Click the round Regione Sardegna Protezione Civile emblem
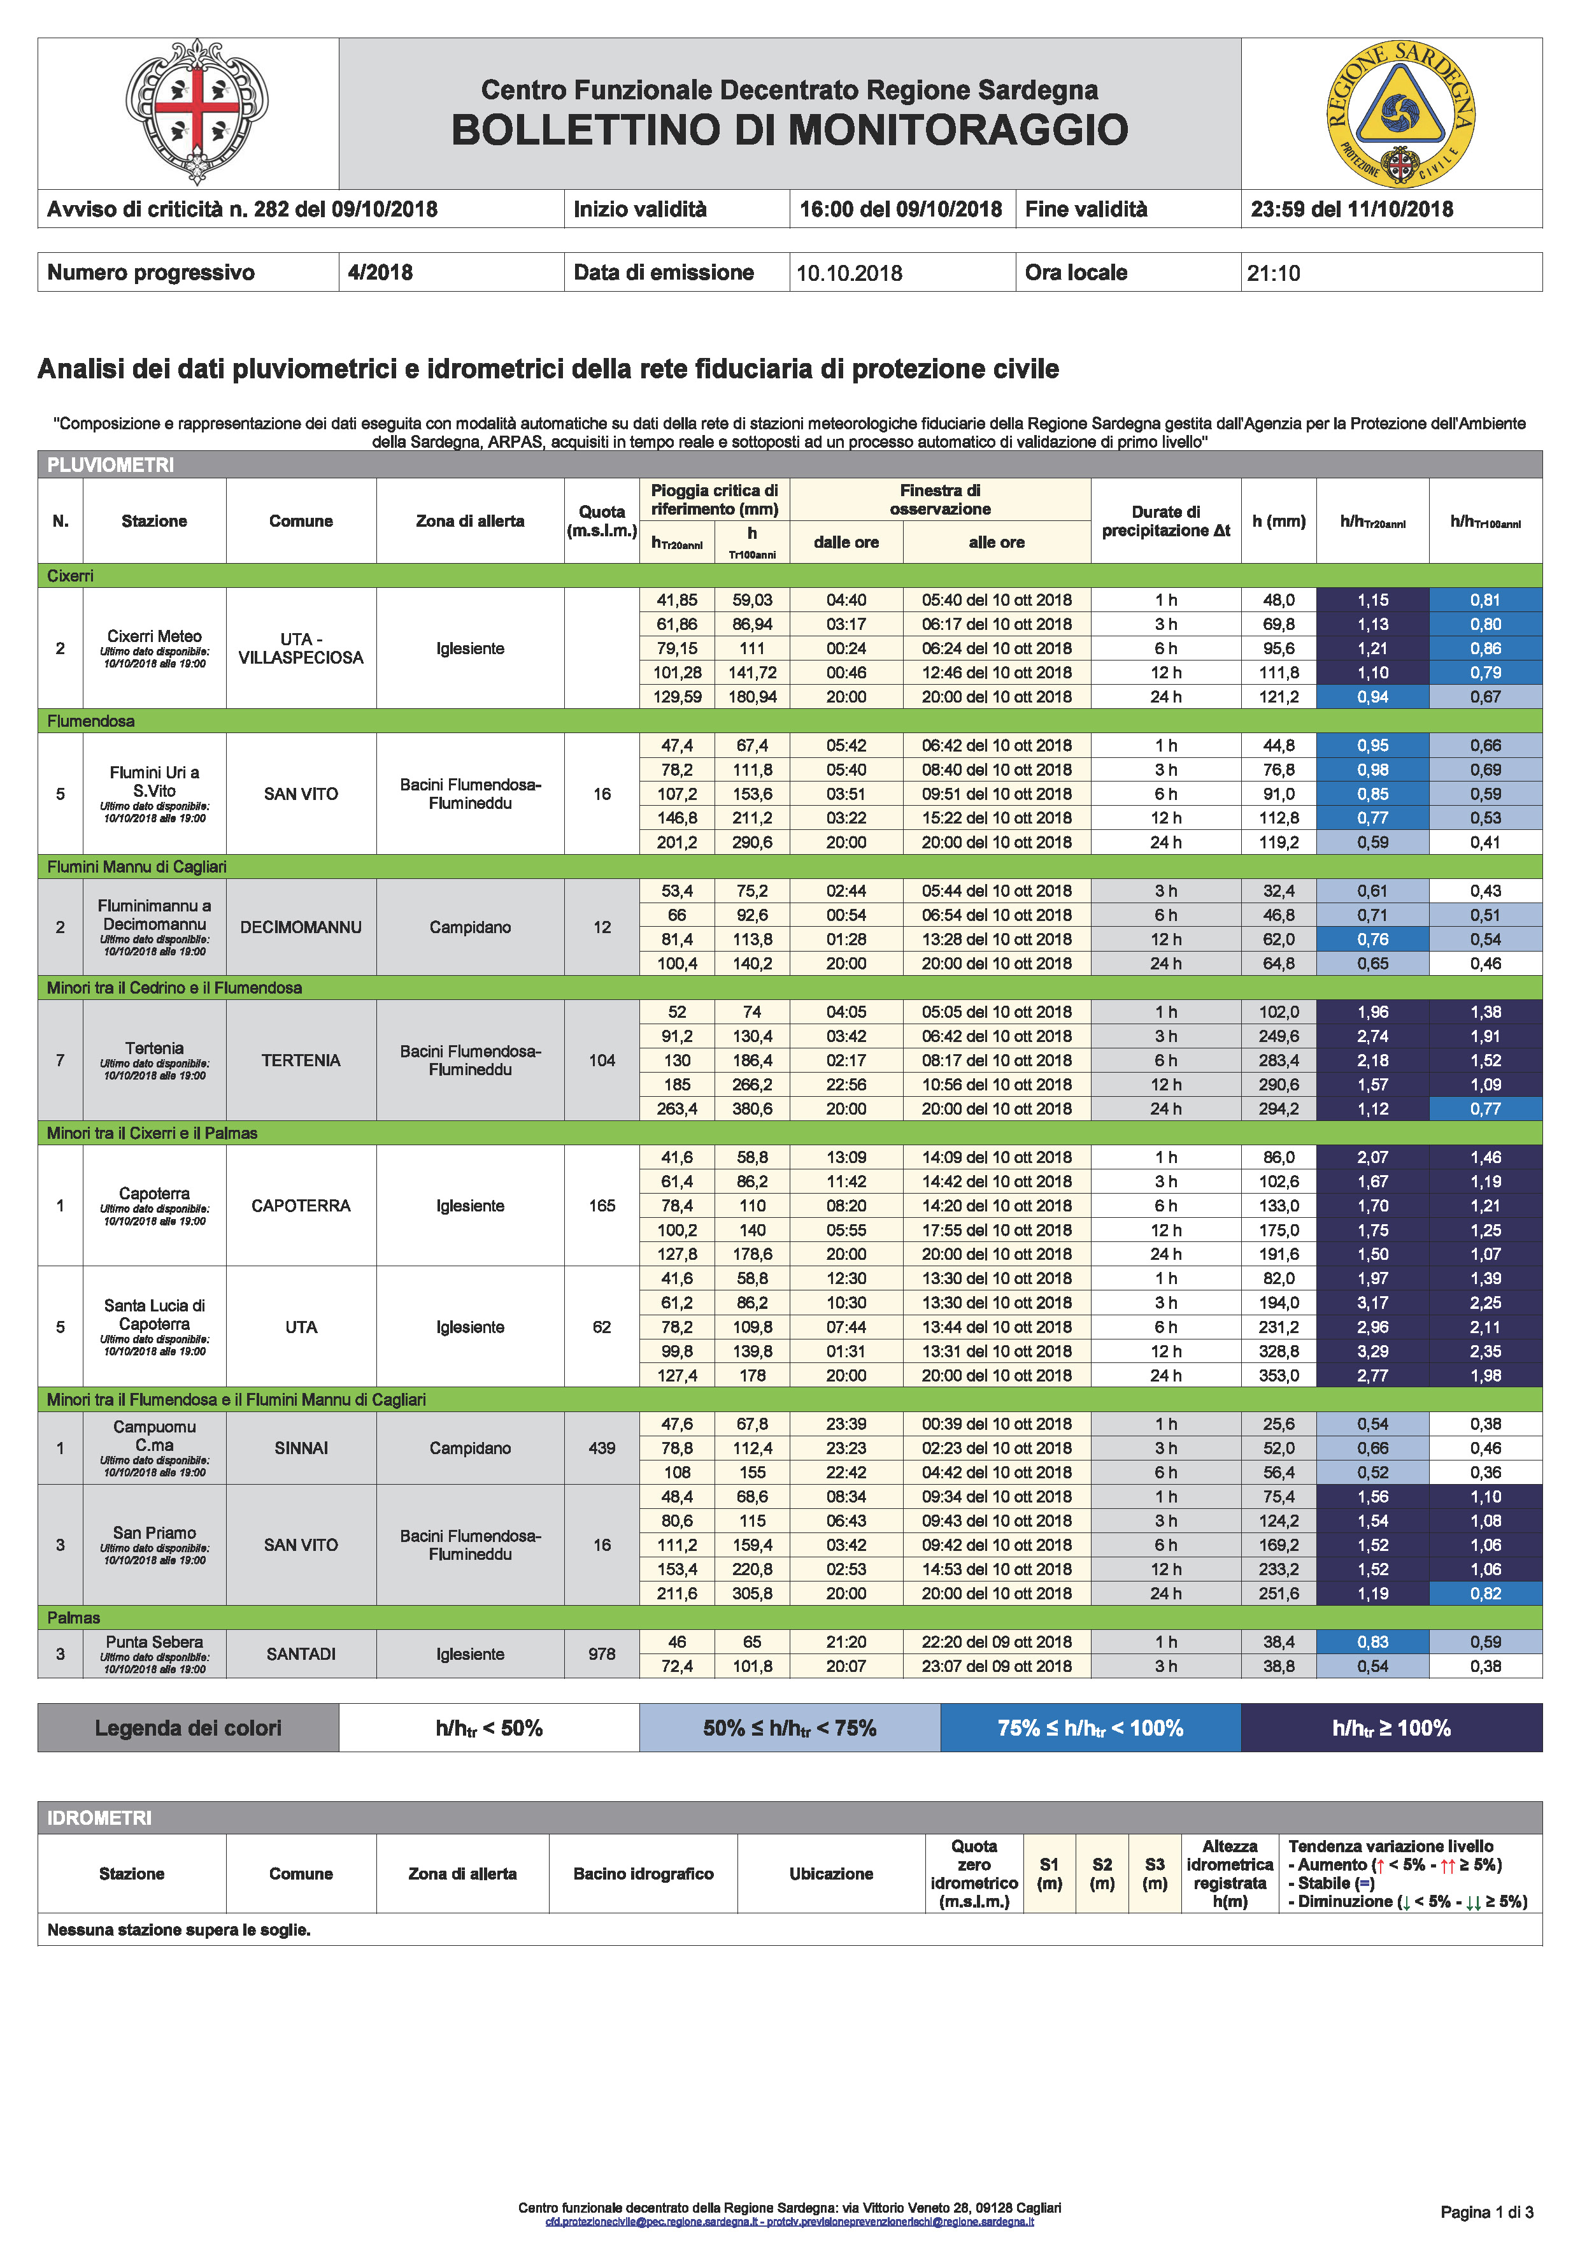tap(1399, 112)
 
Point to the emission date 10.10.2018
tap(849, 273)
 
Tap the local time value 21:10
tap(1274, 273)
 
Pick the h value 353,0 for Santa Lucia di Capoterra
tap(1278, 1376)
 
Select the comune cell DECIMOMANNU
tap(301, 927)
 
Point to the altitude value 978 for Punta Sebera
tap(602, 1654)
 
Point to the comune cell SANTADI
tap(301, 1654)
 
